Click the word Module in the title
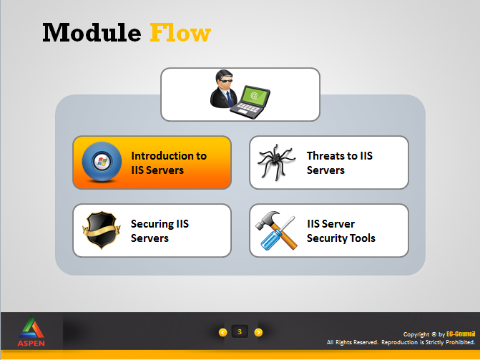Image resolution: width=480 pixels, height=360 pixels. [x=92, y=32]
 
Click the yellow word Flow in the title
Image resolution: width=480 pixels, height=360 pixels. [x=180, y=32]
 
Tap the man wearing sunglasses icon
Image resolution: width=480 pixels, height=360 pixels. [x=223, y=89]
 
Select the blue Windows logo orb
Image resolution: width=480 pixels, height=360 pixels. [x=102, y=162]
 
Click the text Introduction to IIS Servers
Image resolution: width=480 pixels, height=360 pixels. [x=169, y=162]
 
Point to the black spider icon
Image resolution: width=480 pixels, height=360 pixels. [x=276, y=162]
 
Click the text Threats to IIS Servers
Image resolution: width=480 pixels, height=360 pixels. [x=340, y=162]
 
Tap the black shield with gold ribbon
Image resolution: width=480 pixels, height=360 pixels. [x=102, y=230]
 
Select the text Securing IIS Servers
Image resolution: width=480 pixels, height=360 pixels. [x=160, y=230]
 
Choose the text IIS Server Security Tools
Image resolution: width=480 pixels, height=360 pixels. [x=341, y=230]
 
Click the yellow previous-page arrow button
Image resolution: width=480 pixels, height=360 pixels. [x=223, y=332]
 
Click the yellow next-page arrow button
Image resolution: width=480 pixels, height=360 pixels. [x=258, y=332]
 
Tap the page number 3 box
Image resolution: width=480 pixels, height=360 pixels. [x=240, y=331]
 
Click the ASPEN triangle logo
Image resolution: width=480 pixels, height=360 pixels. [x=31, y=327]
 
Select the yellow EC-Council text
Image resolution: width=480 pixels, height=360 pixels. [x=461, y=334]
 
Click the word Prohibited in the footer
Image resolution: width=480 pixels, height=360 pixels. [x=460, y=342]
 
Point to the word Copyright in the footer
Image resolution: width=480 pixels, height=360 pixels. [x=416, y=334]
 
